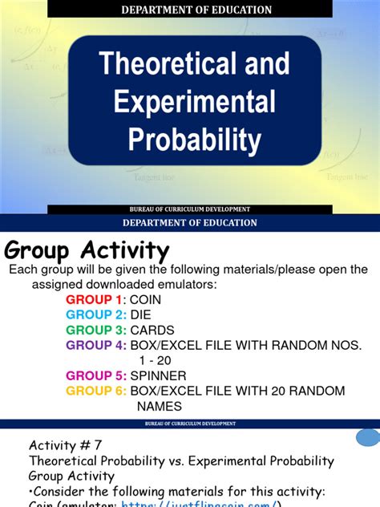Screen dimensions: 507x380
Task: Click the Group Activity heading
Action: pyautogui.click(x=87, y=250)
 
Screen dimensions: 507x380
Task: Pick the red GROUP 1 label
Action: pyautogui.click(x=95, y=299)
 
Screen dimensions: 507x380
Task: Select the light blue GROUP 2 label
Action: pyautogui.click(x=95, y=314)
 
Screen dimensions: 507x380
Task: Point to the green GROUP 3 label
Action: pyautogui.click(x=95, y=330)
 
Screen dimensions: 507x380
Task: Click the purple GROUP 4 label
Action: pyautogui.click(x=95, y=345)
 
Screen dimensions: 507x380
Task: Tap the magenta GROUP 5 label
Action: pyautogui.click(x=95, y=375)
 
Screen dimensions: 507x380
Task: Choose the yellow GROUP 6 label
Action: pyautogui.click(x=95, y=391)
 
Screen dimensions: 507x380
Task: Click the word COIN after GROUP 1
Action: pyautogui.click(x=146, y=299)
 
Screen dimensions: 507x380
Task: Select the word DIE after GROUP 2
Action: pyautogui.click(x=140, y=314)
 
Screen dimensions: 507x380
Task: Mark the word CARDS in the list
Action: pyautogui.click(x=152, y=330)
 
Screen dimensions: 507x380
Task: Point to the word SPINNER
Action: pyautogui.click(x=158, y=375)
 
